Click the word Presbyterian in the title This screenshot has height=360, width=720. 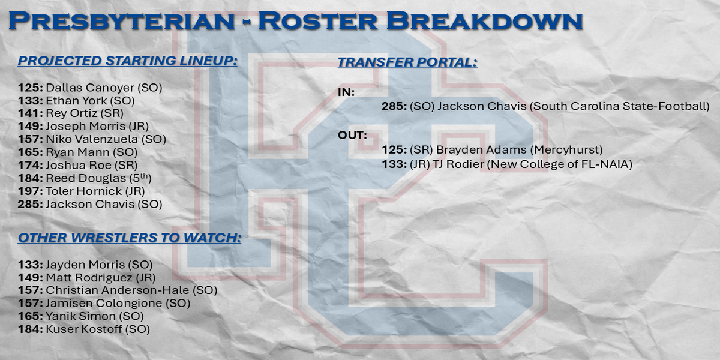click(x=121, y=21)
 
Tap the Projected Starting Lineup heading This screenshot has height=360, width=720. click(x=128, y=61)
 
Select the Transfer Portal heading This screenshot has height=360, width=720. click(x=407, y=62)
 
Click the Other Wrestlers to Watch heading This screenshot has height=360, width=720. click(x=130, y=238)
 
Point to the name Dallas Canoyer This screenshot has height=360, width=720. click(x=90, y=88)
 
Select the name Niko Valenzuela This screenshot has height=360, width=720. click(x=92, y=139)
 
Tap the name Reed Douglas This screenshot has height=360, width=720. click(x=86, y=178)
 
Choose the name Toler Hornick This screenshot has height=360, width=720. click(x=84, y=191)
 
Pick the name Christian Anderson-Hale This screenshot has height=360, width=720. click(x=118, y=290)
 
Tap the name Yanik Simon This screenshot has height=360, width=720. click(x=80, y=316)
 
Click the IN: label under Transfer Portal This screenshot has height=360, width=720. click(x=346, y=92)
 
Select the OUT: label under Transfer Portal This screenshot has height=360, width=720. click(x=352, y=136)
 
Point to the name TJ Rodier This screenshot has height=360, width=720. click(x=458, y=164)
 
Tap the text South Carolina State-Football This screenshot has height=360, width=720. click(x=619, y=106)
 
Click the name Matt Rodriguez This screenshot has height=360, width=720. click(x=89, y=277)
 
